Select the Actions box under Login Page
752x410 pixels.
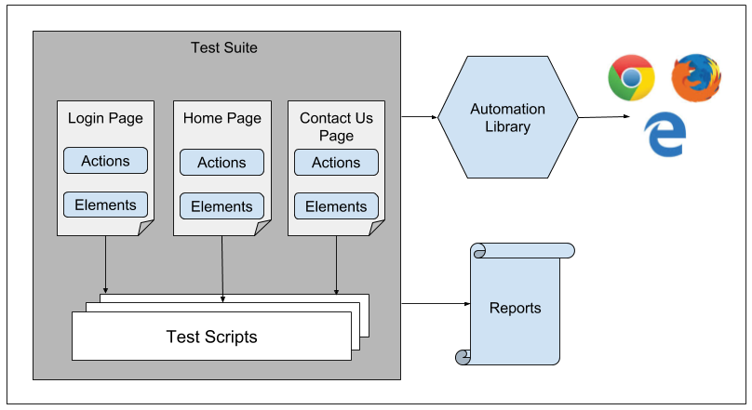coord(105,161)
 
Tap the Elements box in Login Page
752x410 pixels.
coord(105,205)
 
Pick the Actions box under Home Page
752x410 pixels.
coord(222,163)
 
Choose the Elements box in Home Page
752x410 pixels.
coord(222,206)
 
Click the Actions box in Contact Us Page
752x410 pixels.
coord(336,163)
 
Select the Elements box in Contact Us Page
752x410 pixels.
coord(336,206)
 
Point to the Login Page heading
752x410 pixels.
coord(105,118)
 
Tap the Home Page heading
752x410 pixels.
coord(222,118)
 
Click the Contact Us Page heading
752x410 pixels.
coord(336,126)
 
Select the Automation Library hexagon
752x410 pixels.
coord(507,117)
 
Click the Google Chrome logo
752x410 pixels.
coord(630,77)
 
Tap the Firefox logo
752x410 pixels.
coord(695,77)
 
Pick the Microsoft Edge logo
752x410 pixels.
coord(665,136)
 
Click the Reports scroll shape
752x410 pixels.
coord(515,308)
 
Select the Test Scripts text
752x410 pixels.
coord(211,337)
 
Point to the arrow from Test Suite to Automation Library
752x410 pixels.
coord(419,117)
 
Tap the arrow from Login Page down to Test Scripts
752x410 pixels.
coord(105,265)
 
